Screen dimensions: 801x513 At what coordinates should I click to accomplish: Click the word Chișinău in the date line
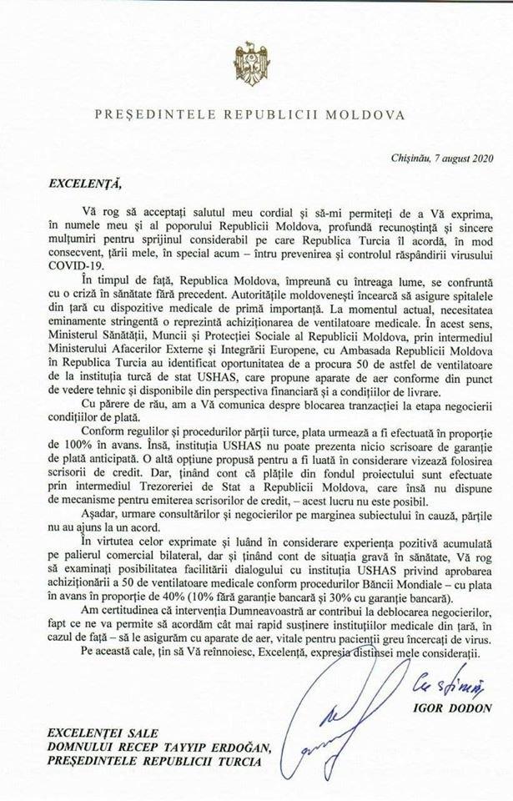point(410,155)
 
